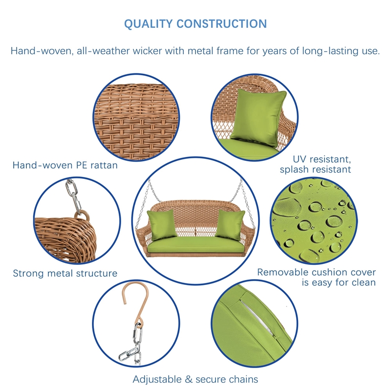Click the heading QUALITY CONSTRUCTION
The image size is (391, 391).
[x=195, y=24]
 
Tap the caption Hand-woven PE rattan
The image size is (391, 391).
[x=65, y=165]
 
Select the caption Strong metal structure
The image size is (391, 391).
[x=65, y=273]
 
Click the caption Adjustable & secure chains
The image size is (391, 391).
[x=195, y=379]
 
